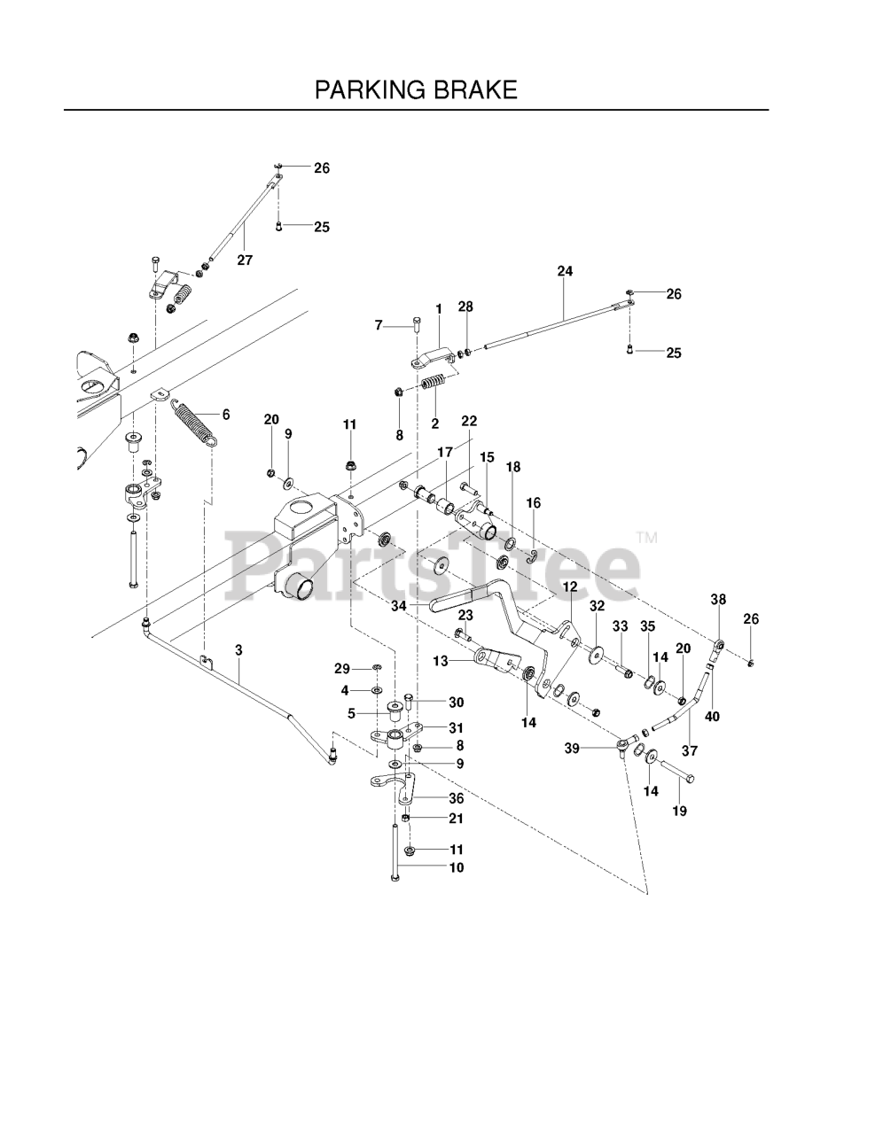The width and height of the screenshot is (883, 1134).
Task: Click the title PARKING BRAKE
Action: [x=416, y=89]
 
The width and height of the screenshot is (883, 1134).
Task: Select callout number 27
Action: [x=245, y=260]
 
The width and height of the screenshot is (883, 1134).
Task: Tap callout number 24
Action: [x=565, y=272]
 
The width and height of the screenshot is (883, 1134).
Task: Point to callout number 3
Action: [x=238, y=649]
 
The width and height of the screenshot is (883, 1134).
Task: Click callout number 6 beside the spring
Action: [x=226, y=414]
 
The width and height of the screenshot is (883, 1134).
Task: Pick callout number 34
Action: [x=399, y=606]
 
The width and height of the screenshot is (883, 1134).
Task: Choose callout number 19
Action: [x=680, y=811]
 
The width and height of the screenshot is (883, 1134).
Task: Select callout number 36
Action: [x=456, y=798]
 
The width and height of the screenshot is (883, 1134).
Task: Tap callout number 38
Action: [x=718, y=600]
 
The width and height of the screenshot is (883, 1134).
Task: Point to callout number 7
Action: [x=379, y=325]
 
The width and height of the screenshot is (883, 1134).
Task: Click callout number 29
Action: [x=342, y=668]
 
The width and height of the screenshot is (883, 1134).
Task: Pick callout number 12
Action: [x=568, y=586]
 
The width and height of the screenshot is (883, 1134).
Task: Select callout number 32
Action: [x=597, y=606]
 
